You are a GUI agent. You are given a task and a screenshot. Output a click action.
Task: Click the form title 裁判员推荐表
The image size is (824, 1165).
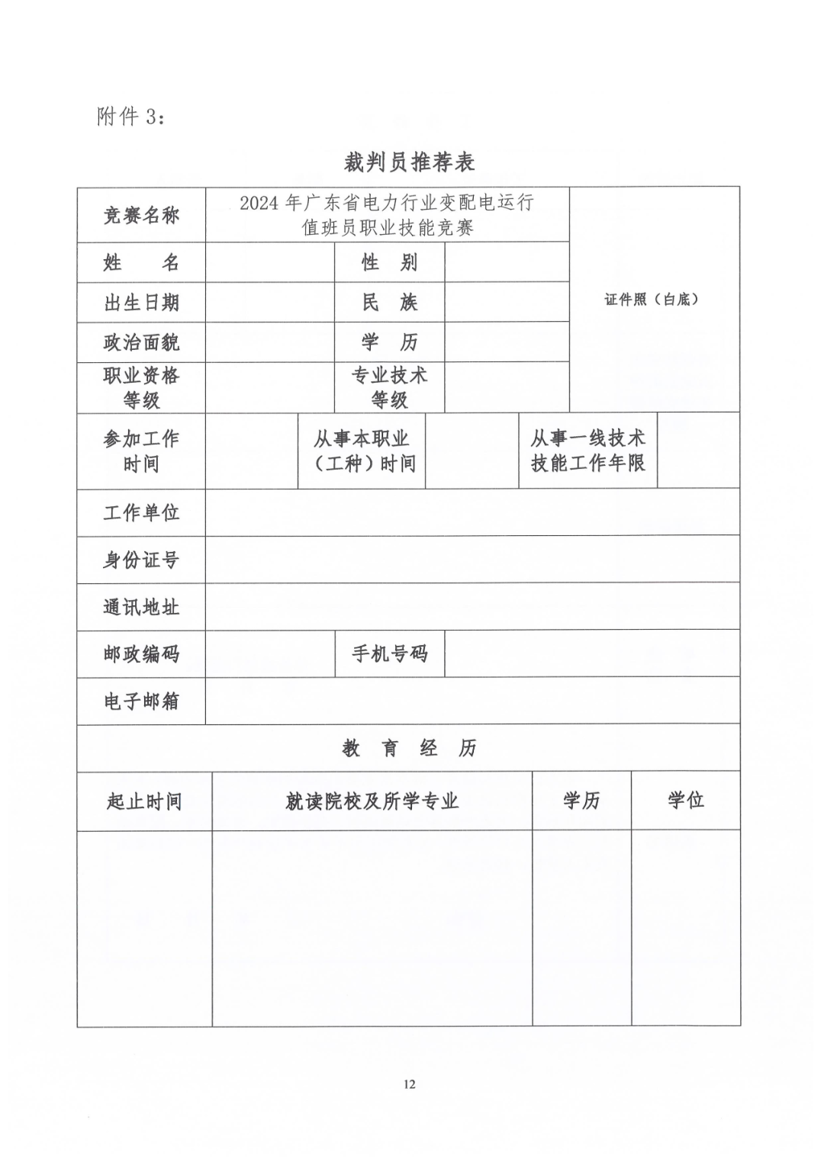click(410, 162)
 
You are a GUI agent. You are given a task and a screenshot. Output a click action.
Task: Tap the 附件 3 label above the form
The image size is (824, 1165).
click(130, 117)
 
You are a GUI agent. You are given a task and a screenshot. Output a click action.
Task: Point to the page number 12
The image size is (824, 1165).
click(410, 1084)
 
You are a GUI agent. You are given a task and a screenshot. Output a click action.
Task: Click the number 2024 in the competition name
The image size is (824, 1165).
click(259, 204)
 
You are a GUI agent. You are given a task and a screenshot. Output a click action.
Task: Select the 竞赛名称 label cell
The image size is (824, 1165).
click(141, 215)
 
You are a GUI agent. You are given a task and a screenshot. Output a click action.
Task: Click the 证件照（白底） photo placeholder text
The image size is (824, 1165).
click(652, 300)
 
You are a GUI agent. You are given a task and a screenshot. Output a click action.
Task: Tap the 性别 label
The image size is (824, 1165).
click(389, 263)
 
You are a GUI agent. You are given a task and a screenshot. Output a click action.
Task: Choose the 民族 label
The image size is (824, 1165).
click(389, 303)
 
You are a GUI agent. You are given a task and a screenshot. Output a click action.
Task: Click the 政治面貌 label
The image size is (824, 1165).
click(141, 342)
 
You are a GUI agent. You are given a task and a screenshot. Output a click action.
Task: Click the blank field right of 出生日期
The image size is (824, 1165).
click(269, 303)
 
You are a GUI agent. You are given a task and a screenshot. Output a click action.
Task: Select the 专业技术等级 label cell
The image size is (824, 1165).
click(389, 387)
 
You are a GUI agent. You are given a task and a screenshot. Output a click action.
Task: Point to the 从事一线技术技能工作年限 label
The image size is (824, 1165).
click(587, 451)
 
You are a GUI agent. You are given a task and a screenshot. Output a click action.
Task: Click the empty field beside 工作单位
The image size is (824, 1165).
click(472, 512)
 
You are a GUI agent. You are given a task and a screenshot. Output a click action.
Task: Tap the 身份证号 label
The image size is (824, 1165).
click(141, 560)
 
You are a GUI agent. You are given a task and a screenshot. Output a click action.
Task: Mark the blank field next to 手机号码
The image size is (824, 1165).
click(591, 653)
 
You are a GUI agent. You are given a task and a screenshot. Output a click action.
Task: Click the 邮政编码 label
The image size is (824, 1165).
click(141, 653)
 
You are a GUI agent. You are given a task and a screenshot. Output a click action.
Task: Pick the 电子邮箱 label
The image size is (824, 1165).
click(141, 701)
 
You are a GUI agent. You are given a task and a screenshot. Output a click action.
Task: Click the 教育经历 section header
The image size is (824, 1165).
click(409, 748)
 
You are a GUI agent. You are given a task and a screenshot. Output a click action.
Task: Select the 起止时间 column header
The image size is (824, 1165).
click(144, 801)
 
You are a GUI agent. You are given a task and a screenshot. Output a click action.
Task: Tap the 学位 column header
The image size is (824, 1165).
click(685, 801)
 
